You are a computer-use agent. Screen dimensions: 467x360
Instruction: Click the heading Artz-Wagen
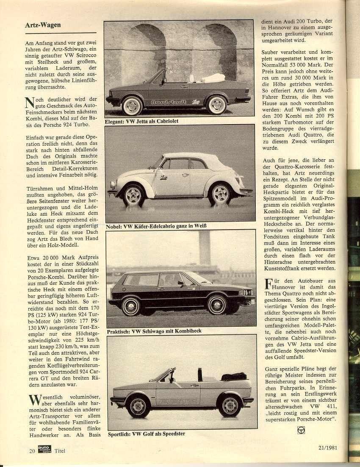(x=42, y=25)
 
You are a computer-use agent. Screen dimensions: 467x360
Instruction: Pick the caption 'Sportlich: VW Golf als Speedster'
(x=146, y=434)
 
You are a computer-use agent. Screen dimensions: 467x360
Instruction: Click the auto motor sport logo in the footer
(x=44, y=450)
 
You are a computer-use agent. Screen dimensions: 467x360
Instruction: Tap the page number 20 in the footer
(x=32, y=451)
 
